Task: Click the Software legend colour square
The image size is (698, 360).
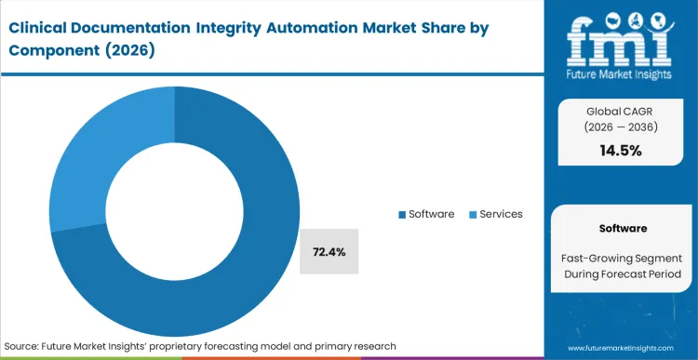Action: pyautogui.click(x=403, y=215)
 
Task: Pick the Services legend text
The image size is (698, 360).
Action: pyautogui.click(x=502, y=214)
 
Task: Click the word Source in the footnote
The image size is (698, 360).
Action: pyautogui.click(x=24, y=346)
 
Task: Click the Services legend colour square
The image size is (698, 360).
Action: pyautogui.click(x=473, y=215)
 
